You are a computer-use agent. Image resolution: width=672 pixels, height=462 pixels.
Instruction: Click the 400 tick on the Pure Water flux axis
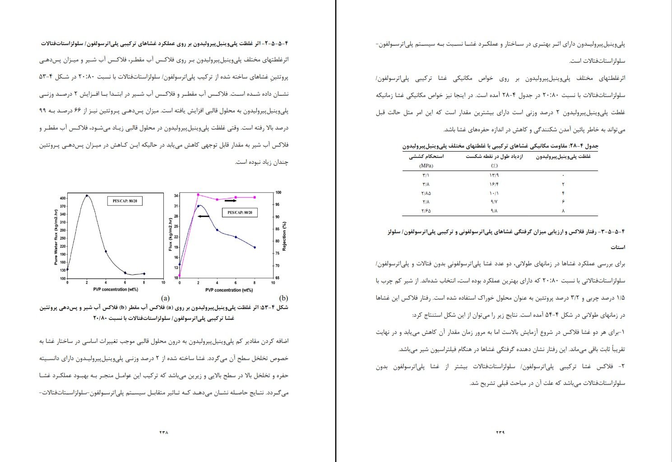pos(62,198)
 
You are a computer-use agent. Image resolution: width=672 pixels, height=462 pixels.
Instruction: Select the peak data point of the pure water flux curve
pos(87,195)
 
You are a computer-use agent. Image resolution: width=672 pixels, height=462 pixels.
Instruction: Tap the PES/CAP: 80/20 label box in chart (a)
pos(125,201)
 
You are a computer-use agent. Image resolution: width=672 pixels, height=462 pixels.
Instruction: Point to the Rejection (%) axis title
pos(284,236)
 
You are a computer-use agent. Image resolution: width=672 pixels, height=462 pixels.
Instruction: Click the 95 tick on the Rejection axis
pos(278,205)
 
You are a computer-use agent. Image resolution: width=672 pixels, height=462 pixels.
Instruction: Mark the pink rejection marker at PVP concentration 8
pos(255,197)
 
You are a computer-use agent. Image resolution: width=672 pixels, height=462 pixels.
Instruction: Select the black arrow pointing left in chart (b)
pos(203,217)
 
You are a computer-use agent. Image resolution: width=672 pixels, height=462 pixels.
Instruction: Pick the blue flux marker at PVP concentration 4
pos(217,230)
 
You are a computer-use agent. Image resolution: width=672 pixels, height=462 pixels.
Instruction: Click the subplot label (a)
pos(165,298)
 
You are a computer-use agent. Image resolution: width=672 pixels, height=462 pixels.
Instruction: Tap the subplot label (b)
pos(283,298)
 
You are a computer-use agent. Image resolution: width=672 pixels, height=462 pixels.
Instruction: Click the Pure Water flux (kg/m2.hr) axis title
pos(56,237)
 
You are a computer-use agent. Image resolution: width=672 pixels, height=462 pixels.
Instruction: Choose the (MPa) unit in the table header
pos(426,166)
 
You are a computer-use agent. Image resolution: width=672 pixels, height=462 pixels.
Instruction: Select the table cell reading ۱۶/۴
pos(494,184)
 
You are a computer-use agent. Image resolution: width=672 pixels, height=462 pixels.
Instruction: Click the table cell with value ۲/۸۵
pos(426,193)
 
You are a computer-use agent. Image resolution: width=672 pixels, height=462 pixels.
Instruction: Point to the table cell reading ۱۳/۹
pos(494,175)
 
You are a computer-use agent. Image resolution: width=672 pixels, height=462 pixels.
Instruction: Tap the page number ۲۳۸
pos(163,432)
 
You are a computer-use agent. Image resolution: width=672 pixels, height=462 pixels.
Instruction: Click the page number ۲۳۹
pos(500,432)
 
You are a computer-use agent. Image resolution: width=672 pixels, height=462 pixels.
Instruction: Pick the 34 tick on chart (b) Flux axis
pos(176,195)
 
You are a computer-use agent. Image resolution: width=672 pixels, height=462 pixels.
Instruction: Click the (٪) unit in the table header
pos(494,166)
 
